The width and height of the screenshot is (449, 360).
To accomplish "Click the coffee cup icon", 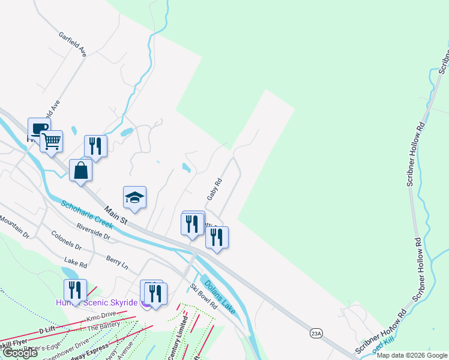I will point(39,128).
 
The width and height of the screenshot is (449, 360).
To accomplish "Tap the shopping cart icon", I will point(52,142).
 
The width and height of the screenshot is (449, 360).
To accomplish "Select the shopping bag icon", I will point(81,170).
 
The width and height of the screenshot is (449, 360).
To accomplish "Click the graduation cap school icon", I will point(134,197).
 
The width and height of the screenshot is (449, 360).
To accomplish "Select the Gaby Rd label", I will point(214,189).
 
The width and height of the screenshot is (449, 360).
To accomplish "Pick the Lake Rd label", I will point(75,262).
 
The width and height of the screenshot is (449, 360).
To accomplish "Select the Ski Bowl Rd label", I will point(203,296).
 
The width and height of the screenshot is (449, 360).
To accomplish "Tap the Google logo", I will point(20,353).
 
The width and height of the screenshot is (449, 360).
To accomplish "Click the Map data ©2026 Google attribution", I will point(412,355).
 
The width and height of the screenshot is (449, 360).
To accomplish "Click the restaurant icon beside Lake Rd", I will point(75,290).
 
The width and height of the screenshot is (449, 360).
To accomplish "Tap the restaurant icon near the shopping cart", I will point(95,146).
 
